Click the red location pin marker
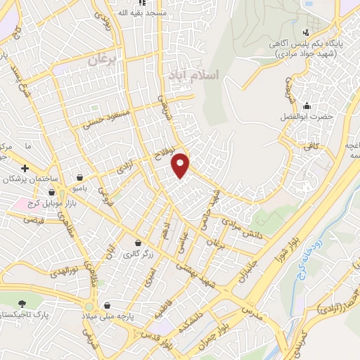tap(181, 164)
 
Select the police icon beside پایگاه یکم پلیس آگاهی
tap(305, 32)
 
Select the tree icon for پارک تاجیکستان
tap(22, 303)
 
